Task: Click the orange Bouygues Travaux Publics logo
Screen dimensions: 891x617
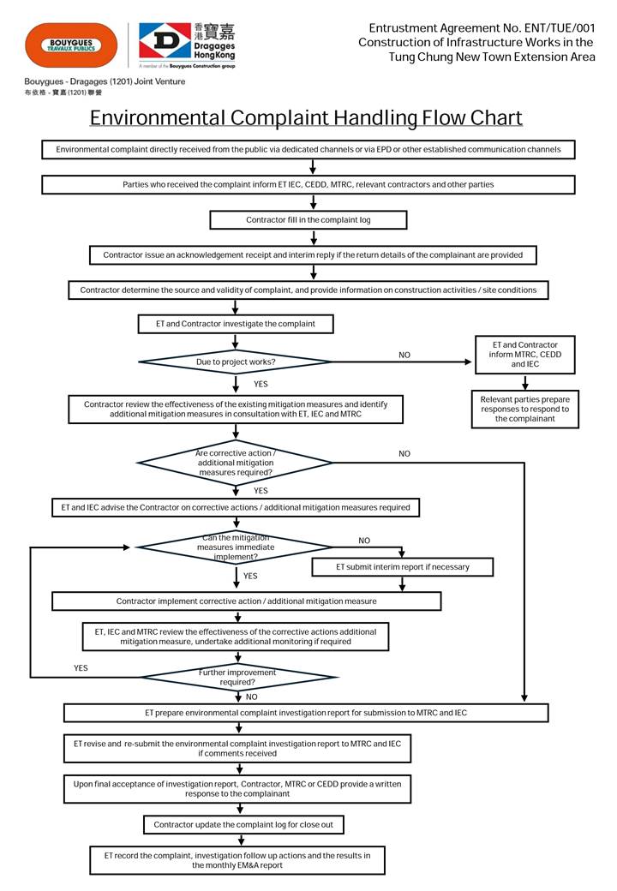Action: tap(71, 45)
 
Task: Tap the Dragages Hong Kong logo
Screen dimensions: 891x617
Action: tap(186, 42)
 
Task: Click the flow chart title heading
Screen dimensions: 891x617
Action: tap(306, 117)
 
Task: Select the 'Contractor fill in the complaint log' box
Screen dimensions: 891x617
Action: tap(308, 220)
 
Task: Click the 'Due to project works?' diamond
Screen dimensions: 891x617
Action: tap(236, 362)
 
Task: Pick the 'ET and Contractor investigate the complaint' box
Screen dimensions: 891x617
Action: tap(236, 324)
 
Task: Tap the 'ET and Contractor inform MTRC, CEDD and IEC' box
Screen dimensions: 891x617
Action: tap(524, 355)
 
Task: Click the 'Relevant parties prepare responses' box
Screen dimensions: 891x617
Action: tap(524, 409)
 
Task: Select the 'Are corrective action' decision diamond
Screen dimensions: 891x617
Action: tap(236, 463)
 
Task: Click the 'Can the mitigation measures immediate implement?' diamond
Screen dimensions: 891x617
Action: tap(236, 547)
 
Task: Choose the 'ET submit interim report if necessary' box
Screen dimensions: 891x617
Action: tap(402, 566)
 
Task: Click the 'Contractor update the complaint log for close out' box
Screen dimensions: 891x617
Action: tap(249, 824)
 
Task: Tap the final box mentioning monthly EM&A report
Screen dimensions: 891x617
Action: tap(237, 860)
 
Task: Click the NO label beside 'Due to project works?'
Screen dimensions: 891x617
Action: tap(404, 355)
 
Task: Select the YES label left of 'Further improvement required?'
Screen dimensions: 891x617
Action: tap(81, 667)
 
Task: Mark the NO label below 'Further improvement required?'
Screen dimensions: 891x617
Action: tap(251, 697)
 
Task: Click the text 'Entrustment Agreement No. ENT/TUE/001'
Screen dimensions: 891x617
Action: tap(482, 28)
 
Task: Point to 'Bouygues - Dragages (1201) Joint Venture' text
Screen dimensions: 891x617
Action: tap(105, 81)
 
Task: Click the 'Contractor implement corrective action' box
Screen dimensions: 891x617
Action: tap(247, 601)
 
